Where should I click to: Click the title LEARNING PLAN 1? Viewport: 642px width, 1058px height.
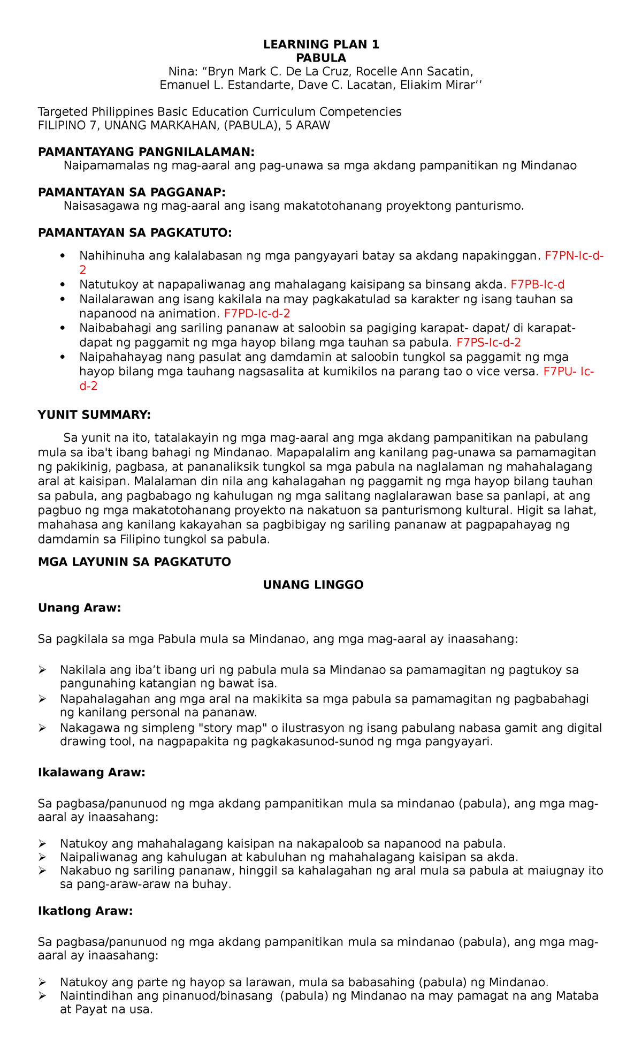pyautogui.click(x=321, y=44)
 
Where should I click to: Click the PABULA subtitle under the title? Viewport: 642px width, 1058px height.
pyautogui.click(x=321, y=58)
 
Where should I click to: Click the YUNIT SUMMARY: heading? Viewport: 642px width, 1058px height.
pyautogui.click(x=95, y=414)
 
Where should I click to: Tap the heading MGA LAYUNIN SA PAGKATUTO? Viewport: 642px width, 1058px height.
pyautogui.click(x=134, y=562)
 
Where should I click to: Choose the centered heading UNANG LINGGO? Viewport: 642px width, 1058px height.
pyautogui.click(x=313, y=585)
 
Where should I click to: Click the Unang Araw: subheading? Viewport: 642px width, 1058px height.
pyautogui.click(x=80, y=608)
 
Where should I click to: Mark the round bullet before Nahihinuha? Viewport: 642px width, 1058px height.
pyautogui.click(x=64, y=256)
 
